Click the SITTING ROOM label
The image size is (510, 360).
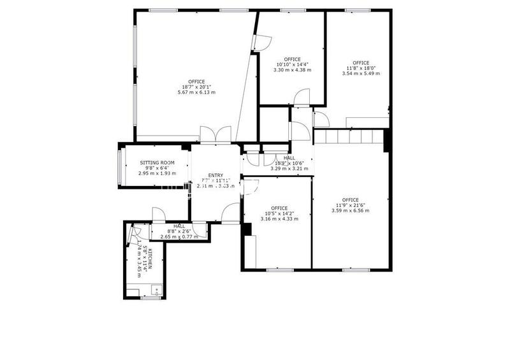[157, 162]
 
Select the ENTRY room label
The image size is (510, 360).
[215, 175]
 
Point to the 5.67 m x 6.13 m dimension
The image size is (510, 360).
[196, 92]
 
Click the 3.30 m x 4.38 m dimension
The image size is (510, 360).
[292, 70]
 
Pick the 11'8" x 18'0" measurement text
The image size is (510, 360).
[361, 68]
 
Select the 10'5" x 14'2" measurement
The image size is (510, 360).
[279, 214]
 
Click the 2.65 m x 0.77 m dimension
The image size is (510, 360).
[178, 237]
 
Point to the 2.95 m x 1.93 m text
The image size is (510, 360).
[157, 173]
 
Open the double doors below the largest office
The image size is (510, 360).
[215, 134]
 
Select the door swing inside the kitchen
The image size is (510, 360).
[132, 236]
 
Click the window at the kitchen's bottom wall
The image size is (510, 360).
[150, 298]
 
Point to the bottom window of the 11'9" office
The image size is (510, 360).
[351, 270]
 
